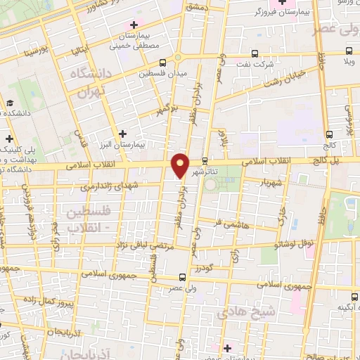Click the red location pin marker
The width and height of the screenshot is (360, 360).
pos(181,165)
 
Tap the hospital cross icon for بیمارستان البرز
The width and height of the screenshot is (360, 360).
pos(123,133)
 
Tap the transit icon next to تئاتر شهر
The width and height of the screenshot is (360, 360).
pos(205,160)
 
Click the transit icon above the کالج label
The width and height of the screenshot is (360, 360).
pos(329,134)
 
